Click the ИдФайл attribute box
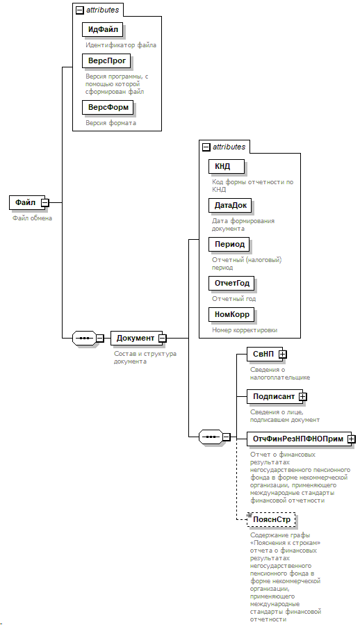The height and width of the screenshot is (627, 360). tap(102, 29)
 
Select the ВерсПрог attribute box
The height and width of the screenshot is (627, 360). tap(106, 60)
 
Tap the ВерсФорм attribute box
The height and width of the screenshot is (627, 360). tap(108, 107)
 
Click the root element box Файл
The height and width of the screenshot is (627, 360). tap(26, 202)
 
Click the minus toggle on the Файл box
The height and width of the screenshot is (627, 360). tap(45, 203)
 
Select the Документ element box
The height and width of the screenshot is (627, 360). tap(136, 338)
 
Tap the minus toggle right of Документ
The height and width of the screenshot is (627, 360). tap(162, 339)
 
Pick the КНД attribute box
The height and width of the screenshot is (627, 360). tap(227, 166)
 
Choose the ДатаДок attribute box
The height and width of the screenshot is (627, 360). tap(231, 206)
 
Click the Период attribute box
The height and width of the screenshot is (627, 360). tap(229, 244)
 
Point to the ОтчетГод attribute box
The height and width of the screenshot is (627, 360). tap(231, 284)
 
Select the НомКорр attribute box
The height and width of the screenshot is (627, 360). tap(231, 315)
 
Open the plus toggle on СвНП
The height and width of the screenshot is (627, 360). tap(283, 354)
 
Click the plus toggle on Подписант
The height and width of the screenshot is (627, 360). tap(303, 397)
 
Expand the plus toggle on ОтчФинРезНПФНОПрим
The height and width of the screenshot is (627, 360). tap(351, 439)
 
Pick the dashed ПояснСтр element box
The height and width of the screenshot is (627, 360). tap(272, 519)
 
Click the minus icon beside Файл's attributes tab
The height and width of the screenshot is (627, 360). tap(80, 10)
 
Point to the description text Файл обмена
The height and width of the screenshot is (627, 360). tap(32, 218)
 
